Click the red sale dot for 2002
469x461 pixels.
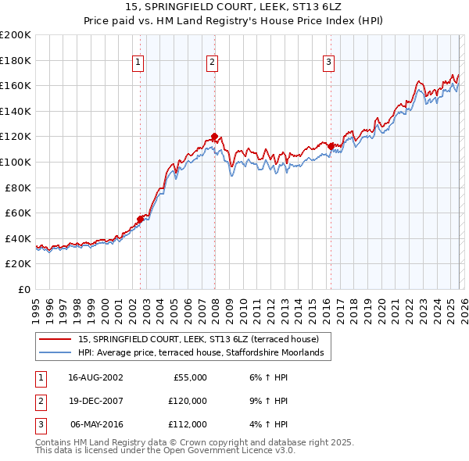(141, 219)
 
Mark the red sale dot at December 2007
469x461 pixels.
(214, 137)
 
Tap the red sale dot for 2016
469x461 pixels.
(331, 146)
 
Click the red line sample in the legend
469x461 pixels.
(55, 340)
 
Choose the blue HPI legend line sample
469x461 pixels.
(55, 353)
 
